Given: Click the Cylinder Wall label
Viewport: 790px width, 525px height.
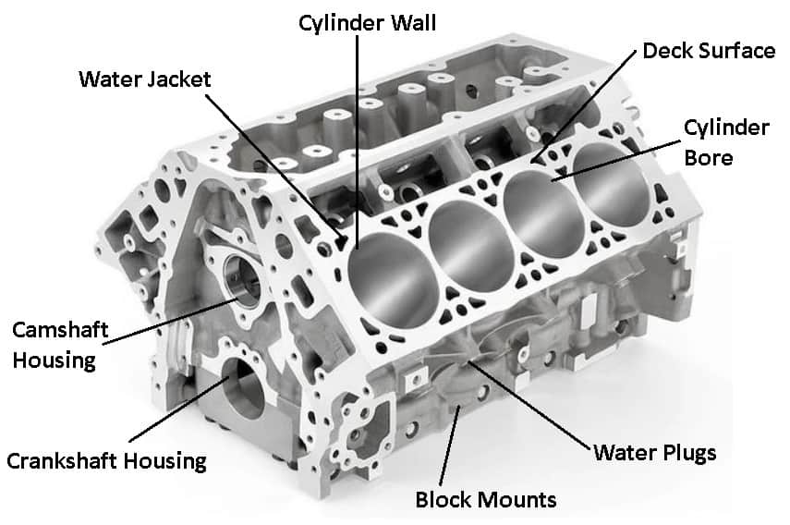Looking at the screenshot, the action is [x=368, y=23].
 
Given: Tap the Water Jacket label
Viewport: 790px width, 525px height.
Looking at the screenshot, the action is [x=144, y=79].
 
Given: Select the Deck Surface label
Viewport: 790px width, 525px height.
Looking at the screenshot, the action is [x=709, y=51].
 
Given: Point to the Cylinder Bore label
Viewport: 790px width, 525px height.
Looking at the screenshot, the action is [x=726, y=142].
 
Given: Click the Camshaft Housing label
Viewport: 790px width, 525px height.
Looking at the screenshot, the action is [x=60, y=345].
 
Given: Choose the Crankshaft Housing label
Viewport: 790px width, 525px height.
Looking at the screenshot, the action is [x=106, y=461].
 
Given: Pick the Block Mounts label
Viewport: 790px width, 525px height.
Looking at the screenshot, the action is [x=486, y=500].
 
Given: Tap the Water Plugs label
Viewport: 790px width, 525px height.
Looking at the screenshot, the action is [x=654, y=453].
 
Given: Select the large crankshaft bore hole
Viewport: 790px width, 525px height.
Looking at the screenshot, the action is [x=243, y=388].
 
